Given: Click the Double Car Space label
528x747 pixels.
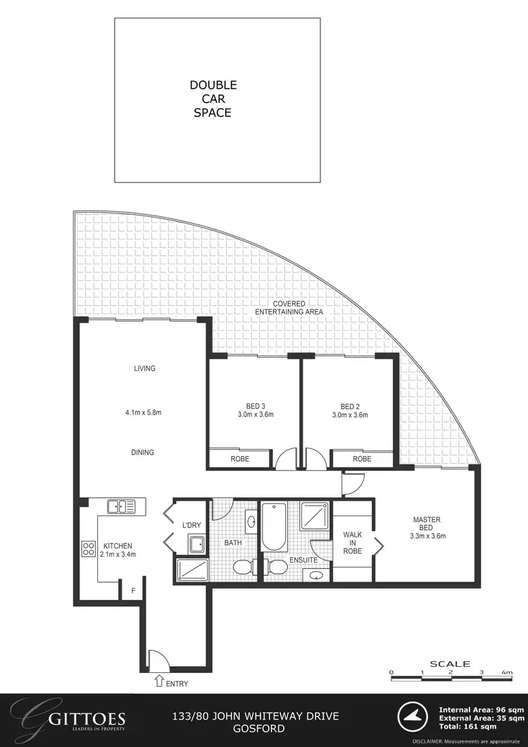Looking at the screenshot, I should [213, 99].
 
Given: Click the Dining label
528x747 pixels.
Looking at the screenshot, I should [144, 453].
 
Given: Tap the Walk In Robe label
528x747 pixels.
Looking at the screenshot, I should [352, 543].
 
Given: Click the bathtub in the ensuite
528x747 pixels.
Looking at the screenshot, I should [272, 526].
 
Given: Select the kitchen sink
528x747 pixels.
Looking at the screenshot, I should [122, 506].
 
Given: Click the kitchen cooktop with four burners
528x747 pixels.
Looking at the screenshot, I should [89, 548].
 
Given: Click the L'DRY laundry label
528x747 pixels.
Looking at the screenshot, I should [192, 526].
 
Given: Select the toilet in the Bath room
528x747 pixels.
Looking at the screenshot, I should [242, 568].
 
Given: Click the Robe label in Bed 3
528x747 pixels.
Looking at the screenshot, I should [239, 459].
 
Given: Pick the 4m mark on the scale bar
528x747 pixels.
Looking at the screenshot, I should [507, 672].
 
